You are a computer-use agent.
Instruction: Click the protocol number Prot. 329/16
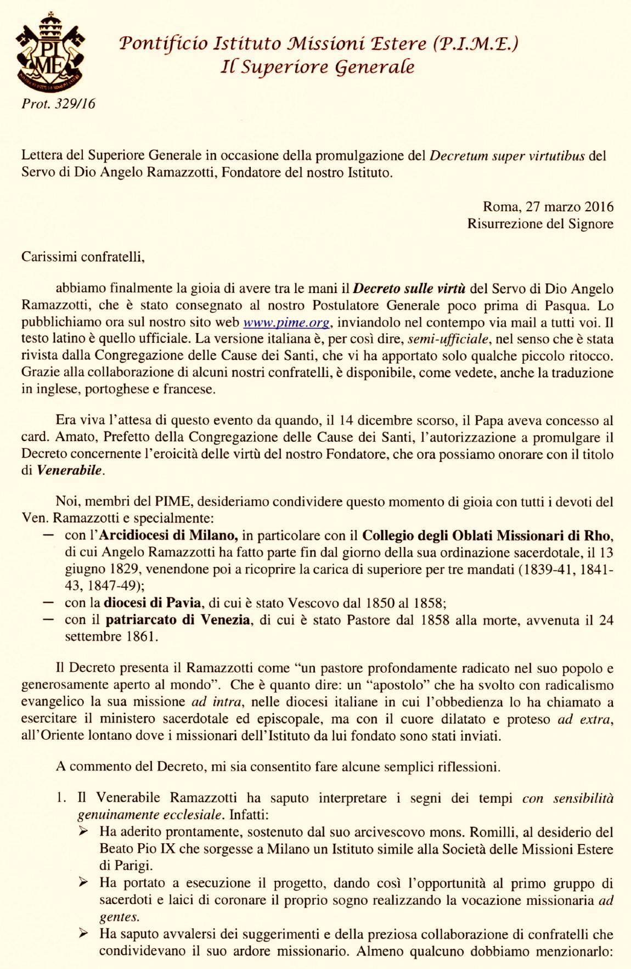point(58,104)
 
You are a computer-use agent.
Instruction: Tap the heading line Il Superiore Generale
point(318,67)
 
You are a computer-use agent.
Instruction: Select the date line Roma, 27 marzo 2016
point(548,206)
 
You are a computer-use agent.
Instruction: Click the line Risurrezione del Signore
point(540,223)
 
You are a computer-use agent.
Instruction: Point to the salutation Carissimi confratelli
point(83,256)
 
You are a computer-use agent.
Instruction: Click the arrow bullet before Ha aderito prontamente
point(83,832)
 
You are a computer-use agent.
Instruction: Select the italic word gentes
point(119,917)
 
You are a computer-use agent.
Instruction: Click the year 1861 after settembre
point(141,636)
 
